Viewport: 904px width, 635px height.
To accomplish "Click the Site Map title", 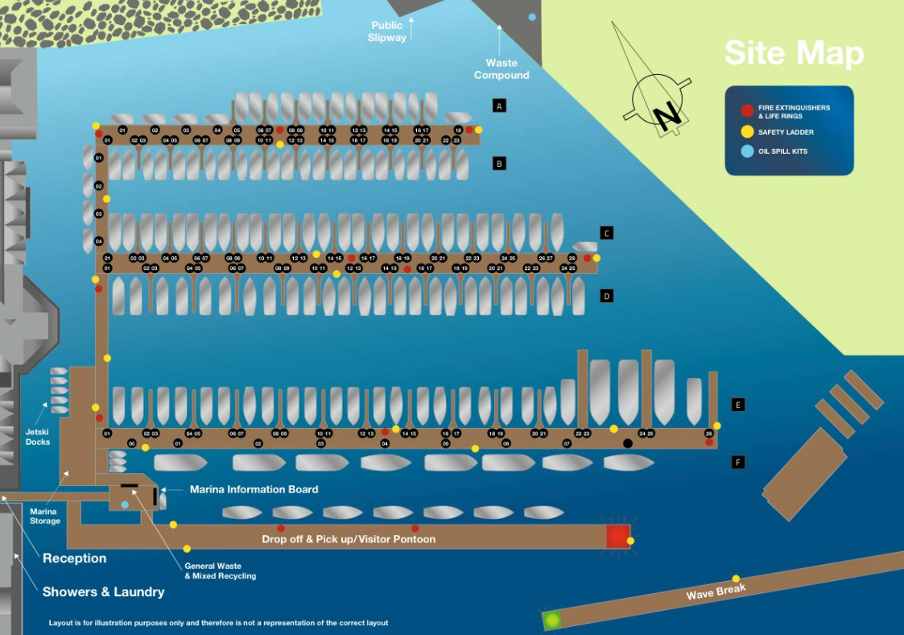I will click(794, 53).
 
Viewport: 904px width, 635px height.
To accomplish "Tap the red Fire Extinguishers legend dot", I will click(747, 111).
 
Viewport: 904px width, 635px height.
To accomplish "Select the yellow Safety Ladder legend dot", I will click(747, 132).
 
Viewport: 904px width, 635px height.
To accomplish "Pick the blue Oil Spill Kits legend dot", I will click(747, 151).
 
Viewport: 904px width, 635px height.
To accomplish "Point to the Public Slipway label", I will click(387, 32).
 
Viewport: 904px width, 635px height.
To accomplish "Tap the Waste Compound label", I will click(502, 69).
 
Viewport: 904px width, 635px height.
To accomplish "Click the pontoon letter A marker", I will click(499, 106).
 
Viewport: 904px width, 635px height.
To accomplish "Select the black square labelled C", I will click(607, 233).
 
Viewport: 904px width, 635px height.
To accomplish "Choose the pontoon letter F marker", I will click(737, 463).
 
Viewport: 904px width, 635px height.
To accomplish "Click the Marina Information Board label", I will click(254, 489).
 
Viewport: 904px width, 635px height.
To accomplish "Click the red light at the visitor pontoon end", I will click(617, 537).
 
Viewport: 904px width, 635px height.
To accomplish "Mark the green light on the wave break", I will click(552, 620).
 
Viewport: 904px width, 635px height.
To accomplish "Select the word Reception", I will click(74, 558).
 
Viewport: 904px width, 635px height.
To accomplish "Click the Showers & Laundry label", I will click(103, 591).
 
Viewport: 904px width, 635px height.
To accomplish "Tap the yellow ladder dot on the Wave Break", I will click(736, 579).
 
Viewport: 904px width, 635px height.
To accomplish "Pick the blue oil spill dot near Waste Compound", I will click(531, 17).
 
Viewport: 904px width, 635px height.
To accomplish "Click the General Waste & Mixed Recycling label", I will click(220, 571).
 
